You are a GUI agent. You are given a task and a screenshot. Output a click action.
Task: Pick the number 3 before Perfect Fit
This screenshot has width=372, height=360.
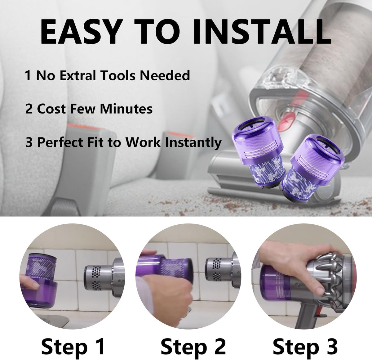(x=29, y=142)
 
